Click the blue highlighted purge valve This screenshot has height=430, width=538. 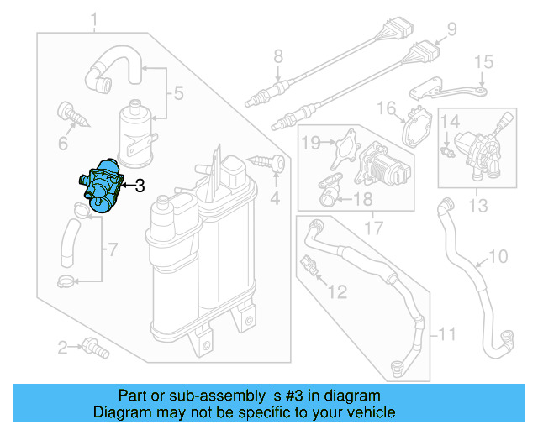click(x=99, y=185)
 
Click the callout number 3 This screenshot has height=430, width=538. click(x=140, y=186)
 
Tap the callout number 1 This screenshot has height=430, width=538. click(x=95, y=18)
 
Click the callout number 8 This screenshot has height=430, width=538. click(x=278, y=58)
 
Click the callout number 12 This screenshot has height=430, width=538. click(x=336, y=291)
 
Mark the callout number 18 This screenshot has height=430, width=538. click(x=361, y=199)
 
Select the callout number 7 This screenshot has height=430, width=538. click(x=114, y=249)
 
